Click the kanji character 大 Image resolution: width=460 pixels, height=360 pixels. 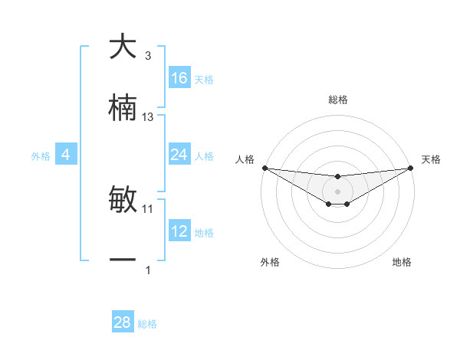(x=123, y=47)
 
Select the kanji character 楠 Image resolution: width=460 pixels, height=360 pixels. (x=123, y=108)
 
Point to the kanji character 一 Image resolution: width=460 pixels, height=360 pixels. (x=123, y=260)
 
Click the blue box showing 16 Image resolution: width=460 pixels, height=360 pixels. (x=179, y=78)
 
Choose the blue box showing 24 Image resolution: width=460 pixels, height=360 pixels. (x=179, y=155)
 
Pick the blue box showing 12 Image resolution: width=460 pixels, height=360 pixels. (x=179, y=231)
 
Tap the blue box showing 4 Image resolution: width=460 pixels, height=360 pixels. (x=66, y=155)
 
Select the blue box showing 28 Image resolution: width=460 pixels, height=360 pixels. (x=123, y=322)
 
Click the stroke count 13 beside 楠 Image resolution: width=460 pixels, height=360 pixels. (x=148, y=117)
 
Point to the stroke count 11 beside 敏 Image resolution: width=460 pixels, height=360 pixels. (x=148, y=208)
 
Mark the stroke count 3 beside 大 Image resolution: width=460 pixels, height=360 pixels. (x=148, y=56)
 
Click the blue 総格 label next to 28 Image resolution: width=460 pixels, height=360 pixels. (x=147, y=324)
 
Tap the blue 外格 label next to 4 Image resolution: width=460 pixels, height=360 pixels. (x=41, y=156)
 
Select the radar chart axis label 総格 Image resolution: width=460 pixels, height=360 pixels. (x=338, y=100)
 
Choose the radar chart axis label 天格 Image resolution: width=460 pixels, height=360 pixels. (x=431, y=159)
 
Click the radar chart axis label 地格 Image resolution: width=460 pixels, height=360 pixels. (x=402, y=262)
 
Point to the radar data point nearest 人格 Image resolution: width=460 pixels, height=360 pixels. (x=264, y=168)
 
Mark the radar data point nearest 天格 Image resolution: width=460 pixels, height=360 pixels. (x=411, y=168)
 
